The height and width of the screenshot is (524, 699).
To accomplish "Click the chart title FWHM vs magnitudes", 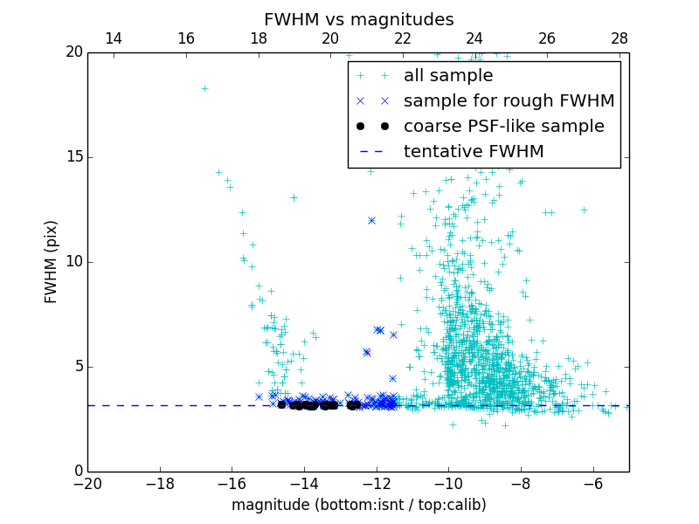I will (358, 19).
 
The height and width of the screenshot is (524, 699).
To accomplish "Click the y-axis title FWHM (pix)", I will (52, 261).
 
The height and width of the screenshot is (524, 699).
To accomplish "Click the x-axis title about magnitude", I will (358, 505).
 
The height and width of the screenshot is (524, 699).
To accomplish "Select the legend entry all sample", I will (448, 76).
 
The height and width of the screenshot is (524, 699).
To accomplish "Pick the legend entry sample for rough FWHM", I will (509, 101).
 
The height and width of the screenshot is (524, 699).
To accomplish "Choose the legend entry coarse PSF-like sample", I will (503, 127).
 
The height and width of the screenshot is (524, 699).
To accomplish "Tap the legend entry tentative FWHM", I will (474, 152).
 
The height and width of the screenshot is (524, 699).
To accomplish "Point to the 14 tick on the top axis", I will (114, 38).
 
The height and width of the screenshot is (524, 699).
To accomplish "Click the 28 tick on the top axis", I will (619, 38).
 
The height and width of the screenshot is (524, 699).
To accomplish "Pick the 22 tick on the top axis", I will (403, 38).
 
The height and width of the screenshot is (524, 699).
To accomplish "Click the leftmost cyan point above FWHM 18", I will (204, 88).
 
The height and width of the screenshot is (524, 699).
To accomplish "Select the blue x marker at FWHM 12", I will (371, 220).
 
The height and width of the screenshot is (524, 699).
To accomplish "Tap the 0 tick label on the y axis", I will (76, 472).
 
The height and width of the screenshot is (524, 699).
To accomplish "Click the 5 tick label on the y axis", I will (76, 367).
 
